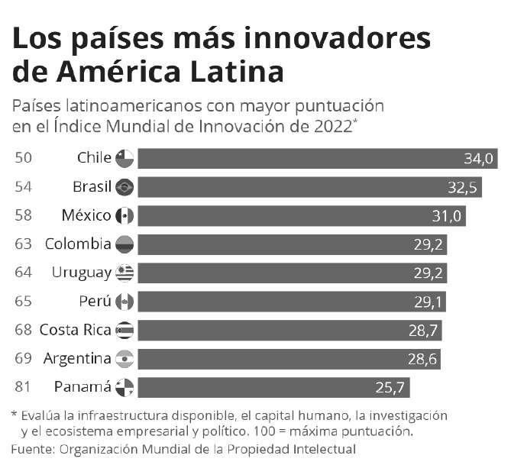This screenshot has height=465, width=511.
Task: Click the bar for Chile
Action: [317, 159]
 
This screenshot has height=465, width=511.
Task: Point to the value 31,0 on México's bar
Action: [447, 216]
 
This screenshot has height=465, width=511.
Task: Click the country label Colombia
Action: [78, 244]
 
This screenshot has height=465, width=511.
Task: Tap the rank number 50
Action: [23, 159]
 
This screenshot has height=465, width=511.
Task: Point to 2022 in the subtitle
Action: [333, 126]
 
